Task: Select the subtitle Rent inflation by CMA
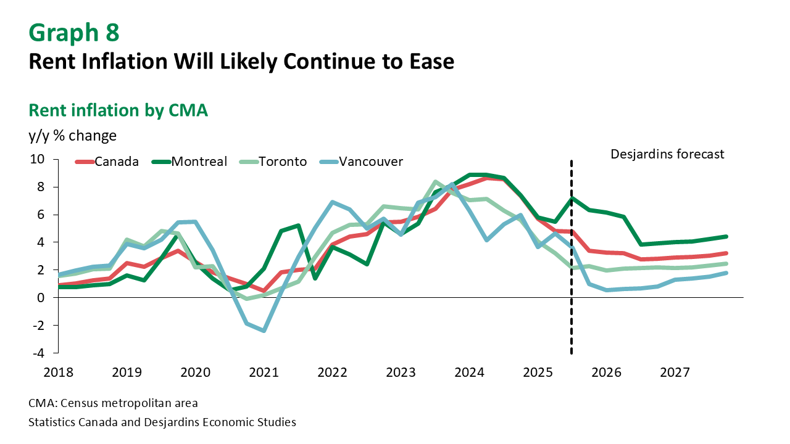pos(118,110)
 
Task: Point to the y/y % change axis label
pos(72,134)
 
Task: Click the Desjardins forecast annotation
pos(667,154)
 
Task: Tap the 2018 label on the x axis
pos(59,372)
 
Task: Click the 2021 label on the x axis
pos(264,372)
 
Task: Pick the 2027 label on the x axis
pos(675,372)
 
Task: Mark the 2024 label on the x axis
pos(469,372)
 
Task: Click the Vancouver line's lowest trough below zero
pos(264,331)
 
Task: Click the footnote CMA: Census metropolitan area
pos(113,404)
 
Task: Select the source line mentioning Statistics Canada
pos(162,422)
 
